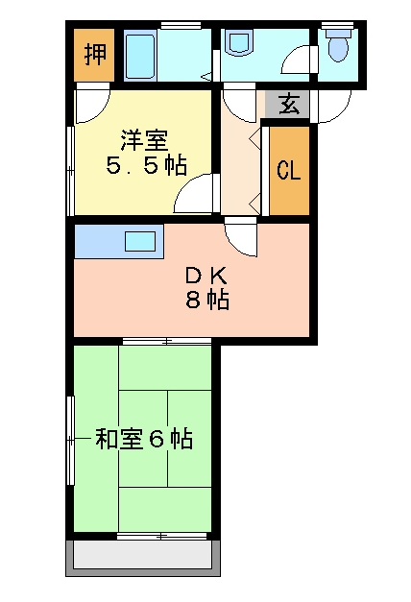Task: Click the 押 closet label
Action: click(95, 54)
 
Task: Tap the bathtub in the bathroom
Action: click(140, 56)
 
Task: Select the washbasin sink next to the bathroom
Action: click(241, 42)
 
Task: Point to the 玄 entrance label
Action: click(288, 105)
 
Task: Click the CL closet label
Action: click(288, 170)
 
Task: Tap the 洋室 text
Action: click(145, 141)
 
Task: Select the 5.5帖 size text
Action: click(146, 166)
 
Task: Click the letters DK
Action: click(207, 275)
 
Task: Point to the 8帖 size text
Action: click(207, 300)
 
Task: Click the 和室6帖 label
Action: click(144, 439)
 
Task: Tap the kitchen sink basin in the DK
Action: click(140, 242)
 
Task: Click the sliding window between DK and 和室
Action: click(167, 341)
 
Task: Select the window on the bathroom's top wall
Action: click(181, 25)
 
